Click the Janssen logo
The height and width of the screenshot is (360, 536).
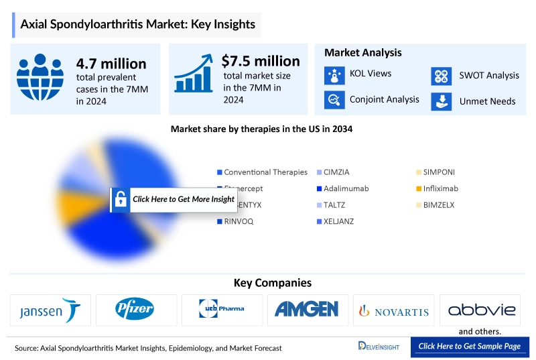click(52, 310)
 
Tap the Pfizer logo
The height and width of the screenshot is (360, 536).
click(137, 310)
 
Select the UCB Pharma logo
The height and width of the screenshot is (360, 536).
click(222, 310)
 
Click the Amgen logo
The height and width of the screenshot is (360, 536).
click(308, 310)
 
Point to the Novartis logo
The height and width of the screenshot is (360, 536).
click(394, 310)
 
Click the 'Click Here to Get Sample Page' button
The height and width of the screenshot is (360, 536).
click(469, 346)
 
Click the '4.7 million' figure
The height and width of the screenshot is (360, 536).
click(111, 64)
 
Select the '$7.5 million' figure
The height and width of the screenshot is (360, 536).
click(261, 61)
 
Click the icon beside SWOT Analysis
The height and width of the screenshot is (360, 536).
click(440, 76)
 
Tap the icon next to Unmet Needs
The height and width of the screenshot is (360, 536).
click(440, 101)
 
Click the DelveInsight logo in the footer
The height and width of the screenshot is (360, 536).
click(379, 346)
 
